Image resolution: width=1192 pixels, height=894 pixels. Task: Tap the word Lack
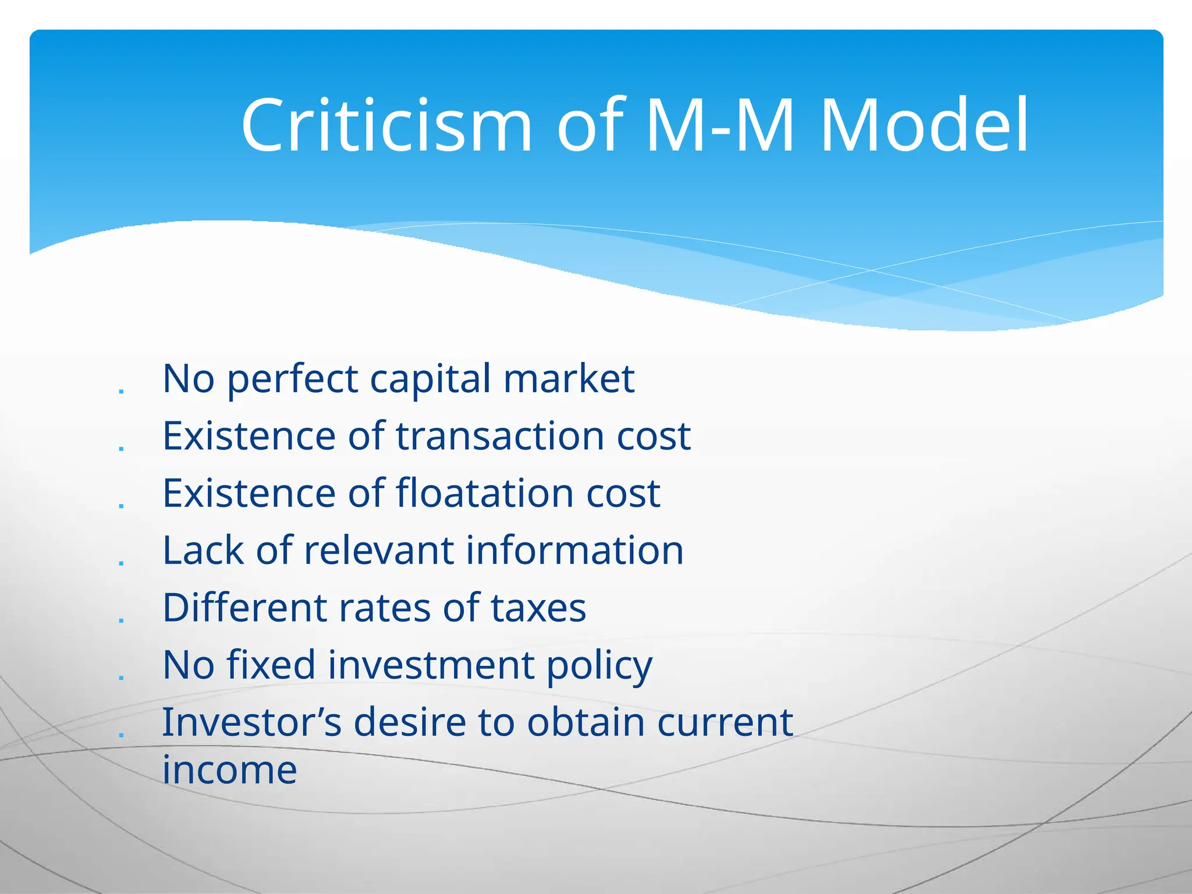(203, 550)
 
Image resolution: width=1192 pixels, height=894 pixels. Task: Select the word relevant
(379, 550)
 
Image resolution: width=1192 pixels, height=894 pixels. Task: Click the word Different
(244, 608)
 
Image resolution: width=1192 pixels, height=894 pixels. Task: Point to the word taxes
(538, 608)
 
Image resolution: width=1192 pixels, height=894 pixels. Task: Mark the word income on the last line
(229, 770)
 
